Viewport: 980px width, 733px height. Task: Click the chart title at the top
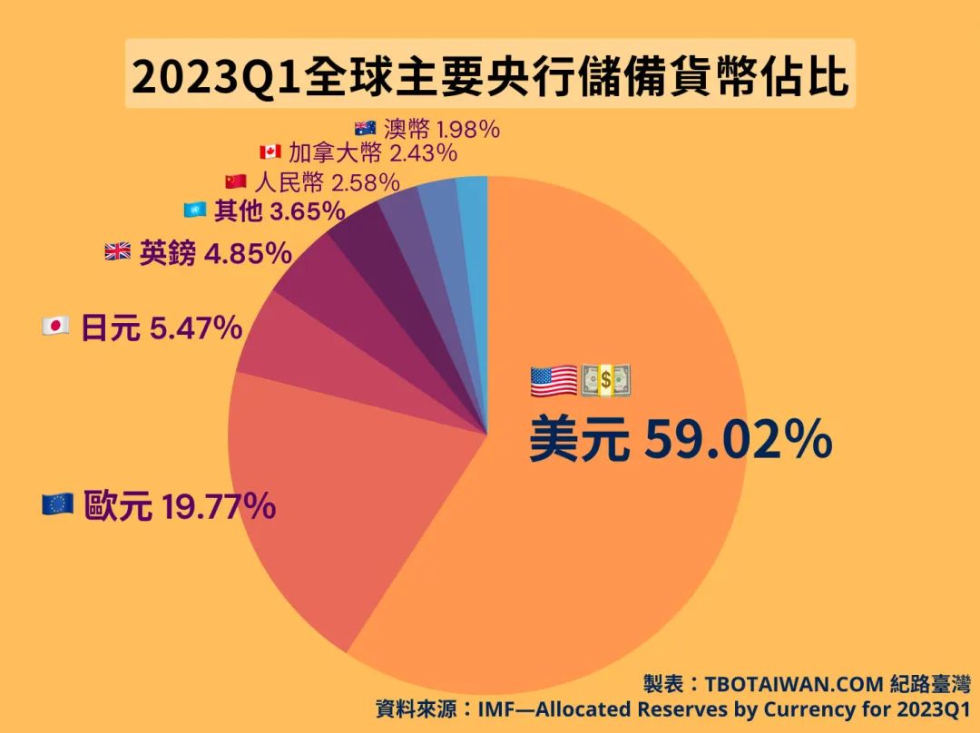click(x=490, y=76)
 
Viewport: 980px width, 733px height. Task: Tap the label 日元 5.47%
click(x=162, y=327)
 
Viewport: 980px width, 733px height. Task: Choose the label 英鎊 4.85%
click(x=215, y=253)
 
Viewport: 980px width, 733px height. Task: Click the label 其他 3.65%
click(x=279, y=211)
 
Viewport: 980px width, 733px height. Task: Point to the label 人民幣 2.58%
click(x=327, y=181)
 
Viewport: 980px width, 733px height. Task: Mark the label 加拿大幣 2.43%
click(x=371, y=152)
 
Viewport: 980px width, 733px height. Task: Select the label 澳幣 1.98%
click(x=441, y=129)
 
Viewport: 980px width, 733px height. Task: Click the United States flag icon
click(x=554, y=381)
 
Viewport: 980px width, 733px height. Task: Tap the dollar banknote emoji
click(x=606, y=381)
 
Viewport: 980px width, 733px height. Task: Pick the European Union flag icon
click(x=58, y=505)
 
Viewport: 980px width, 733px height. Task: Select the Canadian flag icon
click(x=269, y=152)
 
